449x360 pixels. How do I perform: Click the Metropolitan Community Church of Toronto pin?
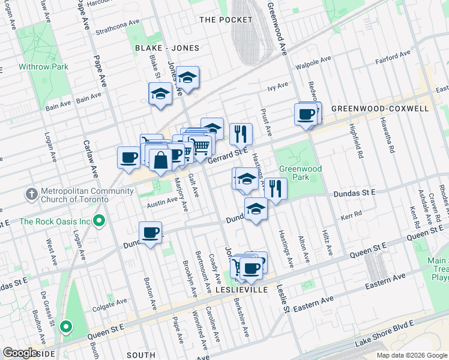click(32, 194)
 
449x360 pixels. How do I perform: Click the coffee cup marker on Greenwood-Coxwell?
click(306, 113)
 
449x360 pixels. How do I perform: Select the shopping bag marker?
click(160, 160)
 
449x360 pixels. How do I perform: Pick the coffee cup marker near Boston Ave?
click(150, 233)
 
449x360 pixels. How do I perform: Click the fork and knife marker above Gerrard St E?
click(241, 134)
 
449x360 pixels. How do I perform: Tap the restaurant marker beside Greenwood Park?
click(275, 190)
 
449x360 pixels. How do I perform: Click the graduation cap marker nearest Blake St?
click(160, 94)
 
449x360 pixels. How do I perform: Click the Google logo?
click(20, 353)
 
